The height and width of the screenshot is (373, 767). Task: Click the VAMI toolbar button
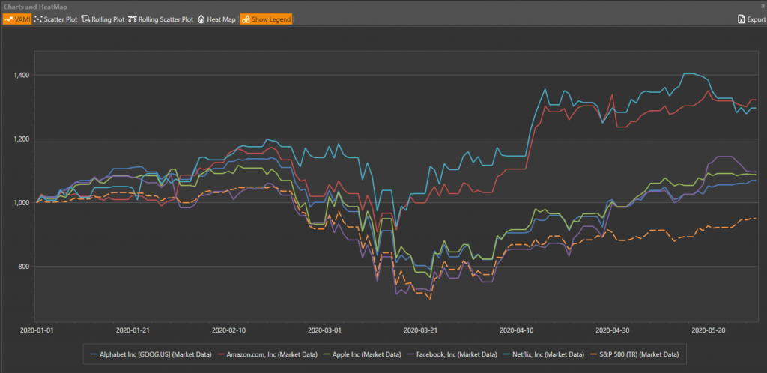pyautogui.click(x=16, y=19)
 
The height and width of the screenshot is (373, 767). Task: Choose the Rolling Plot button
pyautogui.click(x=103, y=19)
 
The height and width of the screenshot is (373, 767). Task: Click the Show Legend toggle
pyautogui.click(x=266, y=19)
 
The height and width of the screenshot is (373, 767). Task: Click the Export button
pyautogui.click(x=751, y=19)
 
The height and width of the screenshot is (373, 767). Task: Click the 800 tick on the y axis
pyautogui.click(x=24, y=267)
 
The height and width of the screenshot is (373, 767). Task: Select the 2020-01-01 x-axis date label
pyautogui.click(x=37, y=329)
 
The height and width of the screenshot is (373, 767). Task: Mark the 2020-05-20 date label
pyautogui.click(x=709, y=329)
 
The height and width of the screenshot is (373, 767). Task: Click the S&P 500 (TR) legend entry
pyautogui.click(x=638, y=353)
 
